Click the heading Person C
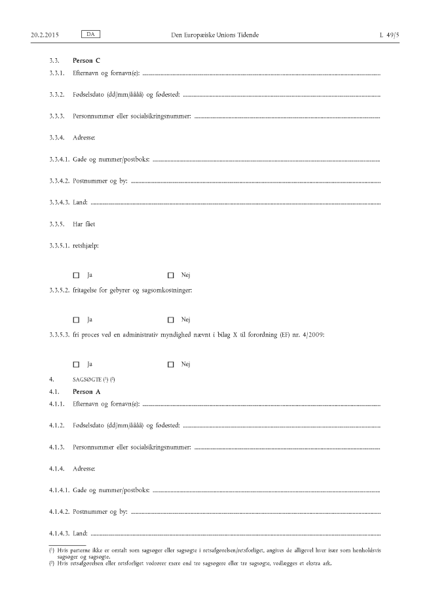pyautogui.click(x=87, y=61)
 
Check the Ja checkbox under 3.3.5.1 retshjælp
pyautogui.click(x=76, y=275)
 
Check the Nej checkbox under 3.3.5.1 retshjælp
pyautogui.click(x=171, y=275)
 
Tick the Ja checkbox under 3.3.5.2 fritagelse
pyautogui.click(x=76, y=319)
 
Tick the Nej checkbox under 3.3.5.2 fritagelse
pyautogui.click(x=171, y=319)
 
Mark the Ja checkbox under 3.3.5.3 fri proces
pyautogui.click(x=76, y=364)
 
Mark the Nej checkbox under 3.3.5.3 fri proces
pyautogui.click(x=171, y=364)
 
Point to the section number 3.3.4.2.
pyautogui.click(x=60, y=181)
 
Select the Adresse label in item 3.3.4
pyautogui.click(x=84, y=137)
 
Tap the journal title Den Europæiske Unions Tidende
pyautogui.click(x=214, y=33)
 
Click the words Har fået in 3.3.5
pyautogui.click(x=86, y=225)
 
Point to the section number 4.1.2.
pyautogui.click(x=56, y=427)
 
